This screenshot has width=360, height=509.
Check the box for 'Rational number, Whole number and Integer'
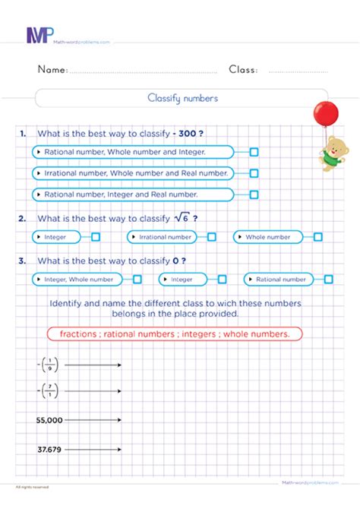coord(254,152)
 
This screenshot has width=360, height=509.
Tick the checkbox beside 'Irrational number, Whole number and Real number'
coord(254,173)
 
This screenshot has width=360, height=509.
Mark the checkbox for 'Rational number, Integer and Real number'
coord(254,194)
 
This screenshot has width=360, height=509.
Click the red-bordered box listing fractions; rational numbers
coord(174,334)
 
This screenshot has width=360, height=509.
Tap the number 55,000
coord(49,419)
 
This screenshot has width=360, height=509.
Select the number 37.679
coord(49,450)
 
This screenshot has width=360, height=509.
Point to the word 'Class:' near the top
coord(243,70)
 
